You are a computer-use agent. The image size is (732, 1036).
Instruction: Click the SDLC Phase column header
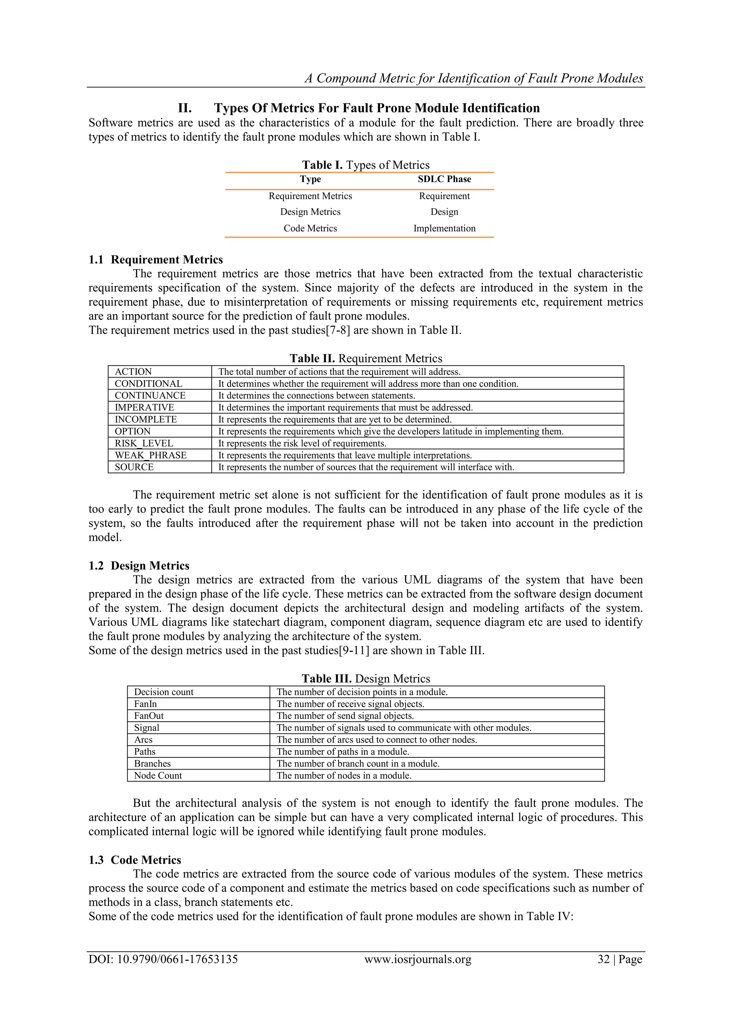click(x=444, y=179)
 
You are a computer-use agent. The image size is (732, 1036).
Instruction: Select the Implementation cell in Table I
click(x=444, y=228)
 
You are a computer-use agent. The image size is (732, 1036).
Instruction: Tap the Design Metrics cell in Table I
click(x=310, y=212)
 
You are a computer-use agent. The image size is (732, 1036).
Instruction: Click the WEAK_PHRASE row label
click(x=150, y=455)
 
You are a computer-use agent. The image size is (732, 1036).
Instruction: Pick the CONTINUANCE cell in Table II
click(x=150, y=396)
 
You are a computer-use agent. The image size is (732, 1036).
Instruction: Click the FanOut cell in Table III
click(x=149, y=716)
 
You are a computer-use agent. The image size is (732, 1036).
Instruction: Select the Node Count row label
click(x=158, y=776)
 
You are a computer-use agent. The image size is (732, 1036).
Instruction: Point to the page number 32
click(x=603, y=972)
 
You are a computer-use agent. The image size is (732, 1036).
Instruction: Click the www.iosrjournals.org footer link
click(x=417, y=972)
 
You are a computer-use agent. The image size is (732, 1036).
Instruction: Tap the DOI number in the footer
click(x=163, y=972)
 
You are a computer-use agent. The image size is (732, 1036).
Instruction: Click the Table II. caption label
click(x=312, y=359)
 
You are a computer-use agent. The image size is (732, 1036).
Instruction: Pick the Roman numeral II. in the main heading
click(x=184, y=108)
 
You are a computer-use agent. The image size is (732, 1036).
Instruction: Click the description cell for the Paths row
click(x=343, y=752)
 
